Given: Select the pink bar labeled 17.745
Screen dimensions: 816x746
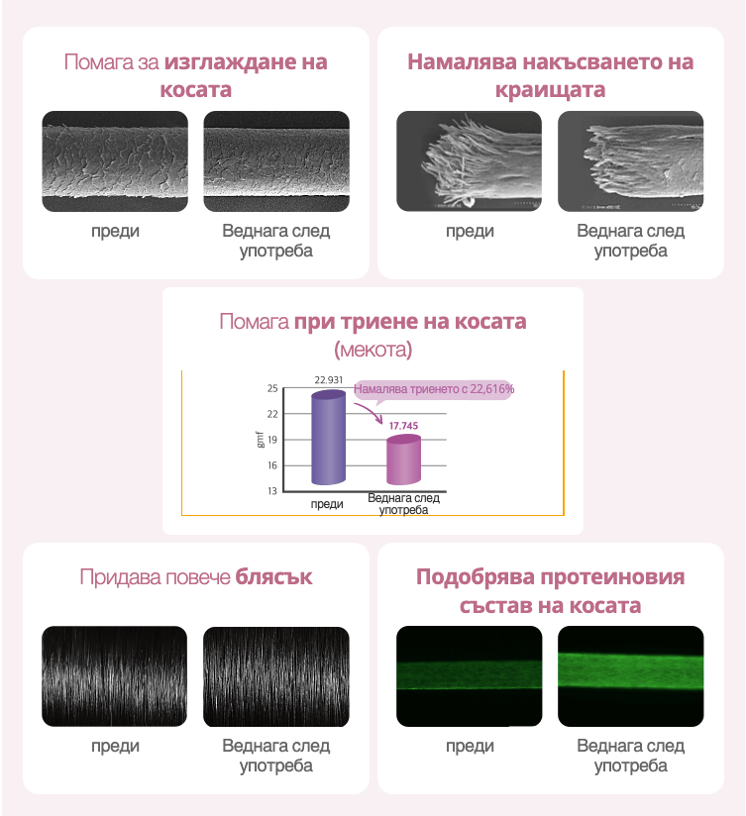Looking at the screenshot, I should pyautogui.click(x=402, y=459).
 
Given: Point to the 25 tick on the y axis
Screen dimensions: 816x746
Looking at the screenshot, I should pyautogui.click(x=272, y=388).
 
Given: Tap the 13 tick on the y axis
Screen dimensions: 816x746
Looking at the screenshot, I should pyautogui.click(x=272, y=491).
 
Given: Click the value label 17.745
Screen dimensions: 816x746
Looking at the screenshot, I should pyautogui.click(x=403, y=424).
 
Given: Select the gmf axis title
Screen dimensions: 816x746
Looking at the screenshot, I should pyautogui.click(x=261, y=439).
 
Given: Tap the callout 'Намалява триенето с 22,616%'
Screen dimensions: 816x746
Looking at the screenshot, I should pyautogui.click(x=434, y=389).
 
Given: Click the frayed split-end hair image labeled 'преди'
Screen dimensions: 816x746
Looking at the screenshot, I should pyautogui.click(x=470, y=160).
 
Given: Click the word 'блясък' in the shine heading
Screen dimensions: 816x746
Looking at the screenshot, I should pyautogui.click(x=273, y=576).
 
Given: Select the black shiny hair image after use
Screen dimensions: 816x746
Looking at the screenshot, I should pyautogui.click(x=276, y=676).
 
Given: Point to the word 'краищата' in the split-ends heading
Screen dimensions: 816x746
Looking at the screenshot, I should pyautogui.click(x=551, y=90).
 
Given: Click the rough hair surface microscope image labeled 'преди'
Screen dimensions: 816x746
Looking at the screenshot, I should pyautogui.click(x=115, y=160).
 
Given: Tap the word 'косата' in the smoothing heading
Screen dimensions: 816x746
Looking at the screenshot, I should pyautogui.click(x=196, y=90).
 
